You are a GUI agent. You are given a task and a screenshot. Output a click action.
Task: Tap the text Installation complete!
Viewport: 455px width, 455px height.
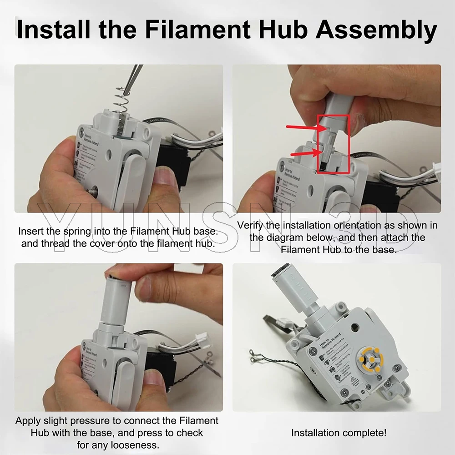(x=339, y=433)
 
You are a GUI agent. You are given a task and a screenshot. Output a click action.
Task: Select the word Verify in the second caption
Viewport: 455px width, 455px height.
(x=250, y=225)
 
